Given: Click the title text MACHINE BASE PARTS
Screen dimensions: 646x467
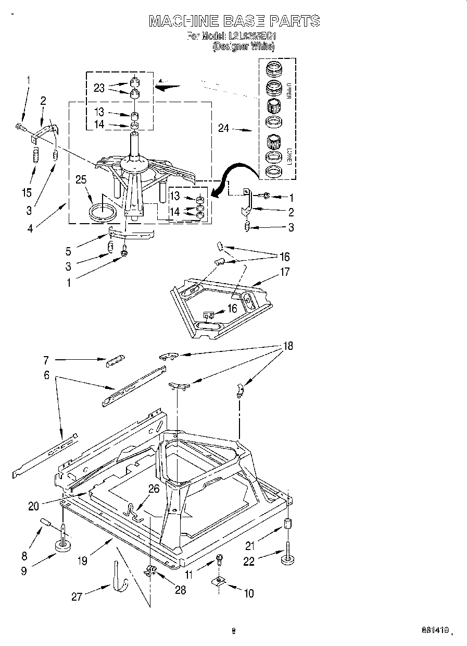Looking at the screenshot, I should coord(233,21).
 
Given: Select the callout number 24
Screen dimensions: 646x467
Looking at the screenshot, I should coord(224,128).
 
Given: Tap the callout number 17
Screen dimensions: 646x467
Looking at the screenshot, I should coord(284,272).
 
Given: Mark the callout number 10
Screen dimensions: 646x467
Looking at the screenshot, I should coord(249,593).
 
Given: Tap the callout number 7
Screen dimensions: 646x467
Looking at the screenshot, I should coord(46,360).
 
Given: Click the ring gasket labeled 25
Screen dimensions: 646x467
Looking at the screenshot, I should coord(103,213).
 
